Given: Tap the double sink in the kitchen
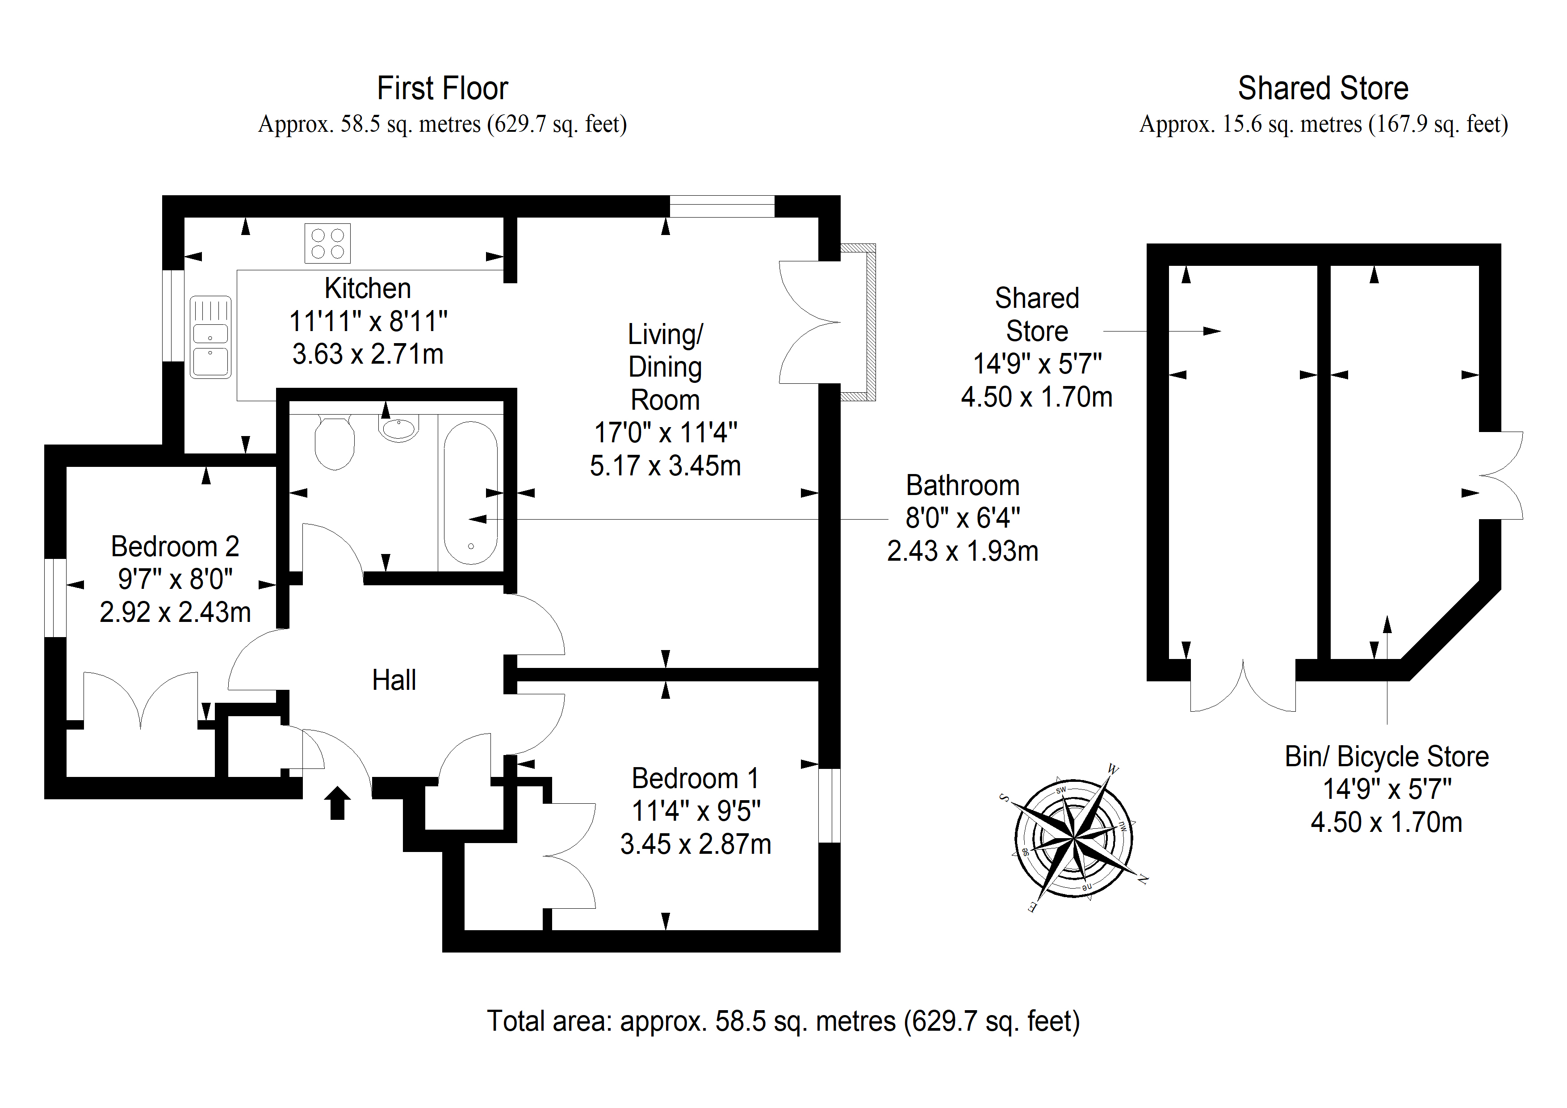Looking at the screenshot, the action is pos(210,337).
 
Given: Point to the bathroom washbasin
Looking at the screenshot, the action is pos(398,428).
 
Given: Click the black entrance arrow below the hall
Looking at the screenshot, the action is pos(337,803).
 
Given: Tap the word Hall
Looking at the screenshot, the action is pos(394,680).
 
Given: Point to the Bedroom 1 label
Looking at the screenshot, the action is pos(695,778).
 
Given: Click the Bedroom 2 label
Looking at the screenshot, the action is pos(175,546).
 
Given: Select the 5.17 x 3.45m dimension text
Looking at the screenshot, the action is pos(666,466).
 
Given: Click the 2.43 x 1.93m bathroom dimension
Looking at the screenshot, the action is pos(962,551).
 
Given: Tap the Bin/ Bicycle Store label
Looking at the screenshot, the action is pos(1387,756).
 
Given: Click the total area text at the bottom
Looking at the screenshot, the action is pos(783,1021).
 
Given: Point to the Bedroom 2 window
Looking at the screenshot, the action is pos(55,598).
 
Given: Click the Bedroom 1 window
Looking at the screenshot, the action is pos(829,806).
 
